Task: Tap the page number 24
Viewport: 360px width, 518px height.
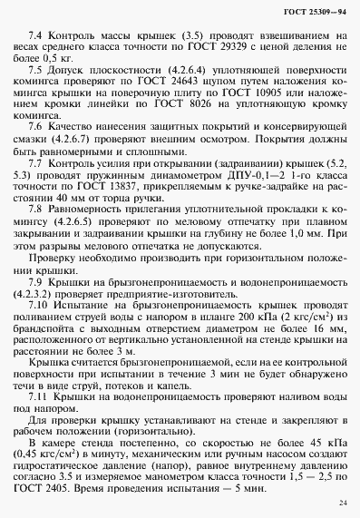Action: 341,503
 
